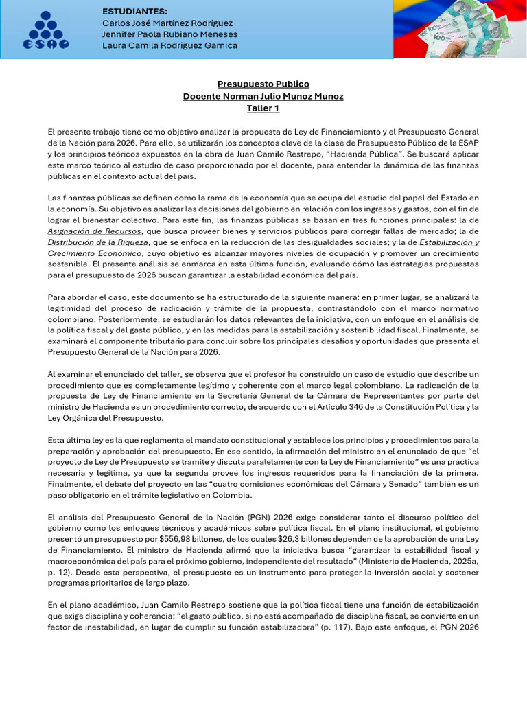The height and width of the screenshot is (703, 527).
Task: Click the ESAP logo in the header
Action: point(46,30)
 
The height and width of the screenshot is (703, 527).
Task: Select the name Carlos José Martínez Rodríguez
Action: point(167,23)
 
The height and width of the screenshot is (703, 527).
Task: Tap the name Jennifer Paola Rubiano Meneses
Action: point(169,34)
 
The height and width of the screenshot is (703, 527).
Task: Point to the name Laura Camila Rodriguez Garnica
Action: point(169,45)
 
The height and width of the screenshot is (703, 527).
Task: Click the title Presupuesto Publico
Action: point(263,84)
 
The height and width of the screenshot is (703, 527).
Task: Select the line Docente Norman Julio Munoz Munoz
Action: point(263,96)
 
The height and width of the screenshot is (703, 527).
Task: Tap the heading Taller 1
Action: point(263,108)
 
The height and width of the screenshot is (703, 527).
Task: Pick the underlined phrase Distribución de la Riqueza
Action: point(97,242)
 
